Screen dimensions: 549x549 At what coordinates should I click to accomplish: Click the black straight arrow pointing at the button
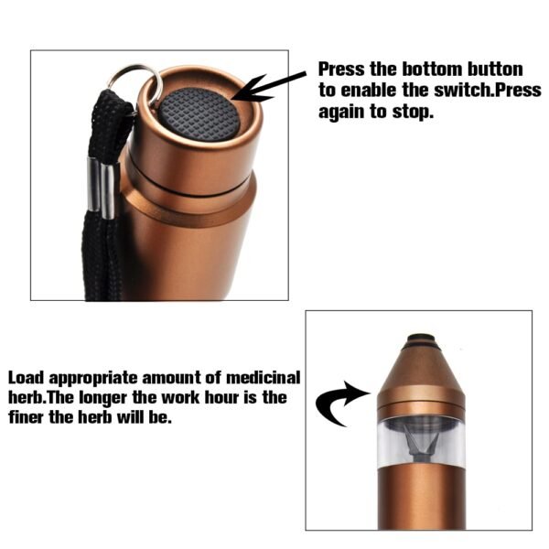click(x=274, y=87)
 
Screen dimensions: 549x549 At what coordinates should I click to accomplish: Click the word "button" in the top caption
click(x=495, y=70)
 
